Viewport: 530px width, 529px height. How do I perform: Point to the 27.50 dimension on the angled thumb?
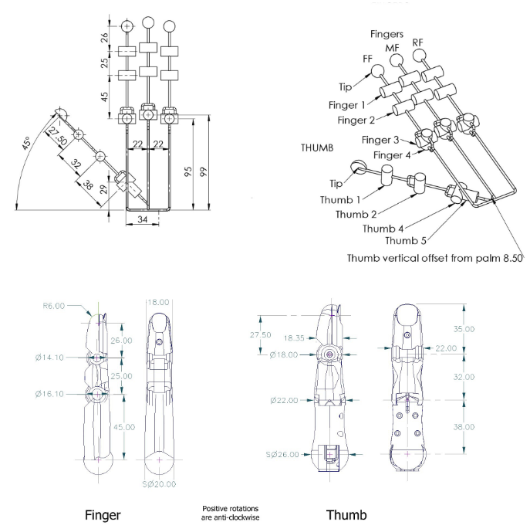pyautogui.click(x=53, y=141)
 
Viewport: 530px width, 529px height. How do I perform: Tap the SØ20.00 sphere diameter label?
pyautogui.click(x=158, y=485)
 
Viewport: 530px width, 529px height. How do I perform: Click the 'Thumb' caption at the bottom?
pyautogui.click(x=346, y=514)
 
